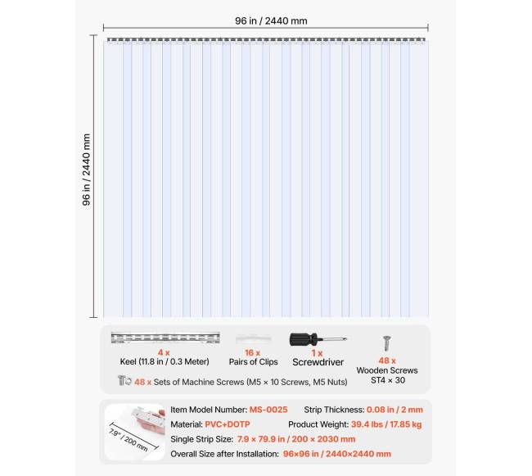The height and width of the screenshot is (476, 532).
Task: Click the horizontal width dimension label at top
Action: click(268, 21)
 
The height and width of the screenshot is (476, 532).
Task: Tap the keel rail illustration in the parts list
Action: click(165, 338)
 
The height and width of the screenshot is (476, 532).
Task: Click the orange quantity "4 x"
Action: click(165, 352)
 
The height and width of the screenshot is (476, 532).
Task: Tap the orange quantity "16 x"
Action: click(253, 352)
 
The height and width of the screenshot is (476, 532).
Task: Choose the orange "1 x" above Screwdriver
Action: click(318, 352)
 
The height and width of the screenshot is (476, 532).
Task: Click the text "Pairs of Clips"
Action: click(253, 362)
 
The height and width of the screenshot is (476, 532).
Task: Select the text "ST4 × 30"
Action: click(387, 380)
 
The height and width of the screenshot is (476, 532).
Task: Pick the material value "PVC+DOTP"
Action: click(227, 424)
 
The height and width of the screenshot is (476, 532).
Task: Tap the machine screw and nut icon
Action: click(124, 380)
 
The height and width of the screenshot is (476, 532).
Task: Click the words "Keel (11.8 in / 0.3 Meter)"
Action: click(165, 362)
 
